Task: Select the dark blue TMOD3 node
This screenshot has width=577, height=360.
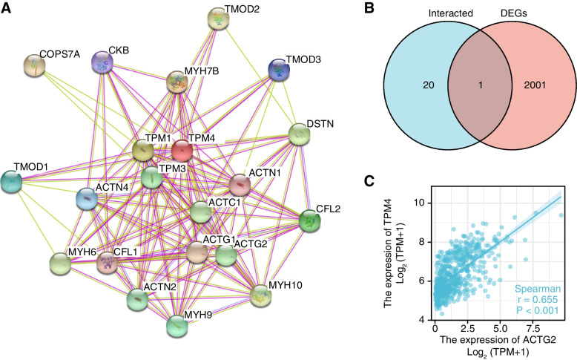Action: (278, 69)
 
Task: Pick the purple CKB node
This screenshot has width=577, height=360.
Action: (102, 62)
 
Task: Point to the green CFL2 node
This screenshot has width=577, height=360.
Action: (309, 220)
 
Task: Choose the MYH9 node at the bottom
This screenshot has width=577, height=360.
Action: (177, 325)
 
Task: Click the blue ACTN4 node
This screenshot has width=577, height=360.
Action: (88, 200)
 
